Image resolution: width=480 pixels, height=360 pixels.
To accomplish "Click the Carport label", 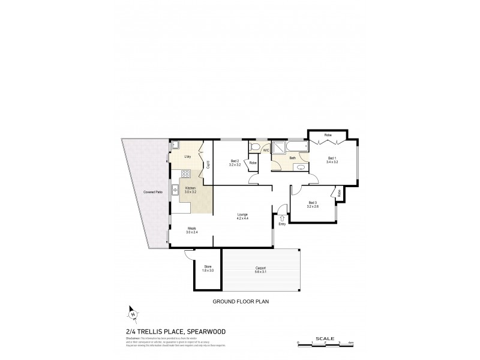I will pos(260,269).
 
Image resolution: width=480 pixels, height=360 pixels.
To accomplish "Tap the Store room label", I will pos(208,268).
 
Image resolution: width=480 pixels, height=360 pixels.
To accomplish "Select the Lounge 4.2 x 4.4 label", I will pos(242,217).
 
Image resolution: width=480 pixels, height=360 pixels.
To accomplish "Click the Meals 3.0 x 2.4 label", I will pos(192,229).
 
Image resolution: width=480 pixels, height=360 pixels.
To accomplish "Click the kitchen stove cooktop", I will pos(186,175).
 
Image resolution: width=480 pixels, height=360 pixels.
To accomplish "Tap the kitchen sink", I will pos(173,191).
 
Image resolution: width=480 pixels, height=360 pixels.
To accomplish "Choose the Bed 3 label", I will pos(312,204).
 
